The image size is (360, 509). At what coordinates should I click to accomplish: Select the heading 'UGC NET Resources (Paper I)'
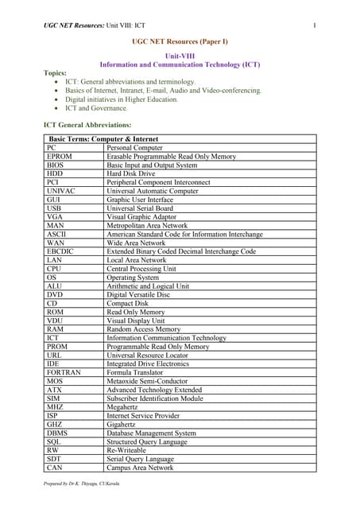[x=180, y=41]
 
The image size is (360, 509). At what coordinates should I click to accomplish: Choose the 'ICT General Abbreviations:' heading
[x=87, y=126]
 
